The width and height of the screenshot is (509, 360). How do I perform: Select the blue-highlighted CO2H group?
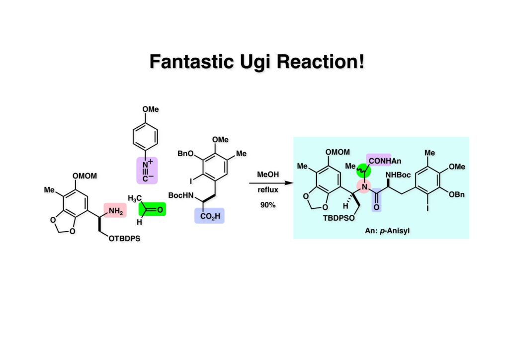point(209,215)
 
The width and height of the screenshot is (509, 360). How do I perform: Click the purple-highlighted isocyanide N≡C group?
point(147,171)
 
